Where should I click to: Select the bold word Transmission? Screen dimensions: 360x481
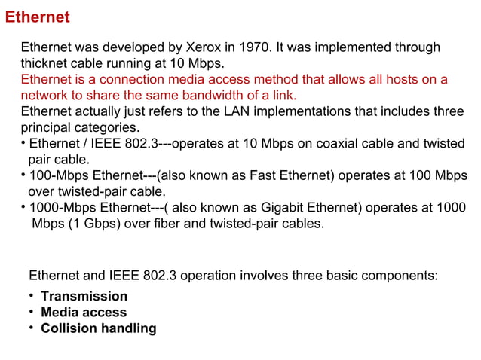click(84, 296)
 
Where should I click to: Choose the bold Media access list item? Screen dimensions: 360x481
click(83, 312)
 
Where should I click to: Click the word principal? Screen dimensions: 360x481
click(44, 127)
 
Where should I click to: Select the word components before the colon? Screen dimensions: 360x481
click(397, 275)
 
